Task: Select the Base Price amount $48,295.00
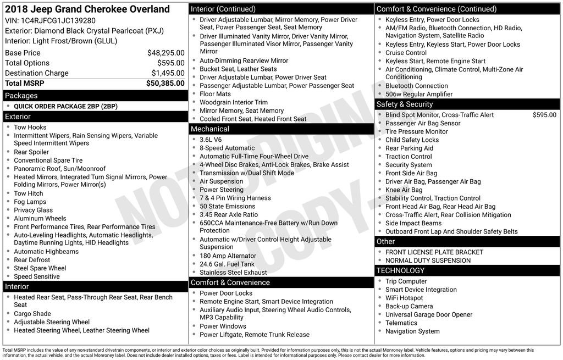(165, 53)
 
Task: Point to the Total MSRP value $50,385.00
(165, 83)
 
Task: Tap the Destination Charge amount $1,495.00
(168, 73)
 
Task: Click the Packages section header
(21, 96)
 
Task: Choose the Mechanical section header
(210, 129)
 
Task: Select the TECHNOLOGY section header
(400, 270)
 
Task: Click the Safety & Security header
(405, 104)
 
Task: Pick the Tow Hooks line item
(30, 127)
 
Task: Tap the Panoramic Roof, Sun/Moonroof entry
(59, 169)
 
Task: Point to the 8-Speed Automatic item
(227, 148)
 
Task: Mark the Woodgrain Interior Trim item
(234, 102)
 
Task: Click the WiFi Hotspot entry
(404, 298)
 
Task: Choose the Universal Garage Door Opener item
(429, 314)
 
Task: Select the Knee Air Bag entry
(404, 190)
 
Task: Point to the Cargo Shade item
(32, 314)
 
